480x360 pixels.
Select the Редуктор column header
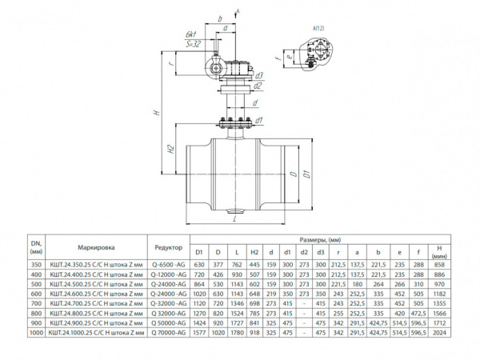click(x=167, y=247)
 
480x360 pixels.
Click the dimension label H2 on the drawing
click(x=171, y=149)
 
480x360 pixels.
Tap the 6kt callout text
click(x=190, y=35)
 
